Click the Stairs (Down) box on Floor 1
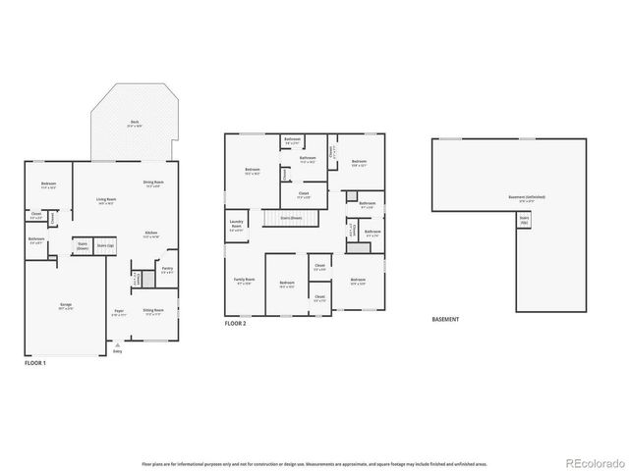pyautogui.click(x=84, y=247)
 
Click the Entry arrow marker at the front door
pyautogui.click(x=119, y=345)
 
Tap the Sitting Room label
pyautogui.click(x=153, y=311)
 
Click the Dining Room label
pyautogui.click(x=153, y=183)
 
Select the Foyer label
pyautogui.click(x=119, y=313)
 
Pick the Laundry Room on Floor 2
pyautogui.click(x=236, y=228)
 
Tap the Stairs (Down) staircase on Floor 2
pyautogui.click(x=292, y=218)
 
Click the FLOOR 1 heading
pyautogui.click(x=35, y=363)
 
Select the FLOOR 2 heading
pyautogui.click(x=235, y=323)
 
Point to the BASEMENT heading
pyautogui.click(x=445, y=319)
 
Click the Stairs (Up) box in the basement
pyautogui.click(x=524, y=223)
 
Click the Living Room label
pyautogui.click(x=106, y=201)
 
